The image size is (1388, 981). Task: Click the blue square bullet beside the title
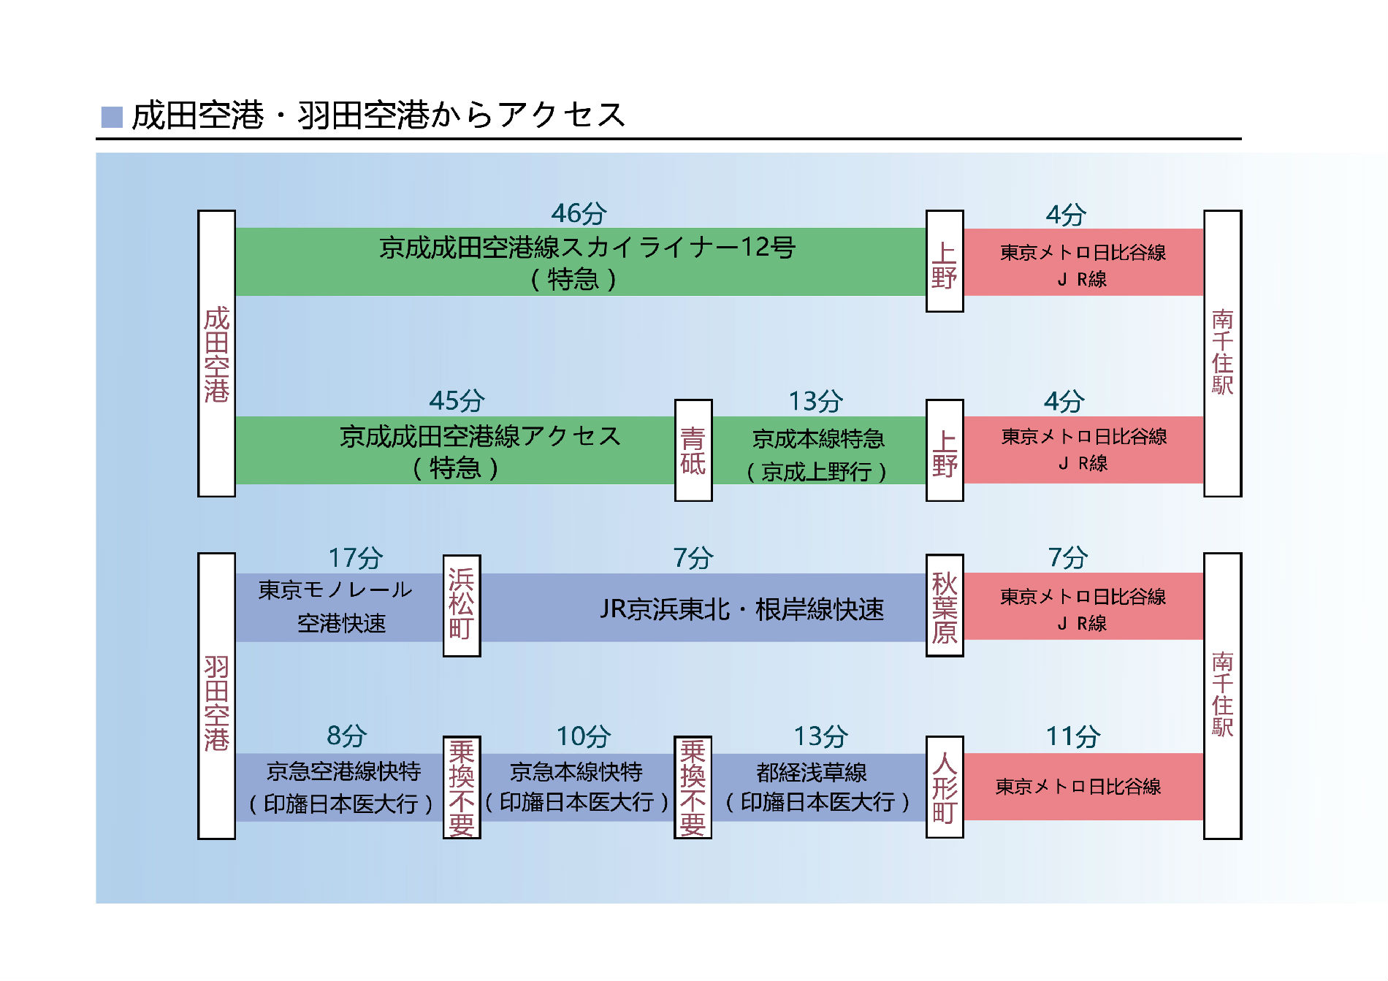112,117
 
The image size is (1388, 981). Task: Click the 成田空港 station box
216,354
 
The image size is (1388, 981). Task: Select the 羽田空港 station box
216,696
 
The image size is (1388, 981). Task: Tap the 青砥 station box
693,450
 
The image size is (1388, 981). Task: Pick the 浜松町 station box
462,606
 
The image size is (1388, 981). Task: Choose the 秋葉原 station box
945,606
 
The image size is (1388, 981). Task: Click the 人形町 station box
945,787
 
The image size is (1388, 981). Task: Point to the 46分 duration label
579,213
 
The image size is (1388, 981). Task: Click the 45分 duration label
457,400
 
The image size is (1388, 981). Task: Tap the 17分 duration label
356,557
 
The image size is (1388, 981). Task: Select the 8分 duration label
346,736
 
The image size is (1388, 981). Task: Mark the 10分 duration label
584,736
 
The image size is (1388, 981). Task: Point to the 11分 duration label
1072,736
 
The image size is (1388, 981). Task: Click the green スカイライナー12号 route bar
581,262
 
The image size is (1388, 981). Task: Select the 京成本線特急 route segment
819,450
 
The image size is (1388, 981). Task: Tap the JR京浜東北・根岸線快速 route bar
703,608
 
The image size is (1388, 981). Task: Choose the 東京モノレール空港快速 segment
339,608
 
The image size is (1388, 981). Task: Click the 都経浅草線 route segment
819,787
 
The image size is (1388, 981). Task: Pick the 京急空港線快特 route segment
339,787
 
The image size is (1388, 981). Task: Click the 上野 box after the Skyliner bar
945,262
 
